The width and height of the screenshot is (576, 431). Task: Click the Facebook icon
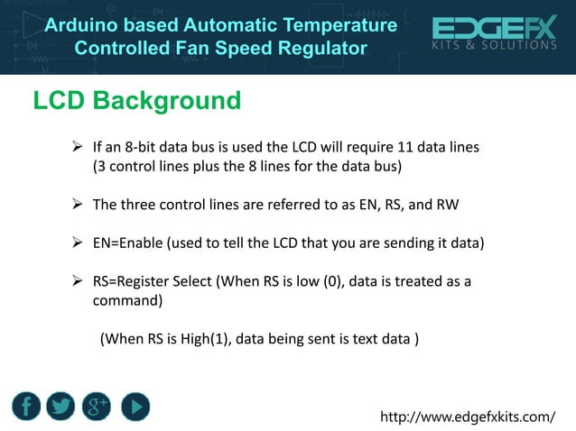[x=27, y=407]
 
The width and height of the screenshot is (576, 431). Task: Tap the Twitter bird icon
[x=61, y=407]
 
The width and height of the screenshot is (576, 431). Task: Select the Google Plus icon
[x=98, y=407]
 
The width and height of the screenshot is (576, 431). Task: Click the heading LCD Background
[x=136, y=100]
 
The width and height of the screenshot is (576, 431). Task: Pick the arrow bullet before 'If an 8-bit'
[x=78, y=146]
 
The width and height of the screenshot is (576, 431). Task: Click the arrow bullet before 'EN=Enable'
[x=78, y=243]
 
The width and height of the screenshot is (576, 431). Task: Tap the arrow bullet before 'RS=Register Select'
[x=78, y=282]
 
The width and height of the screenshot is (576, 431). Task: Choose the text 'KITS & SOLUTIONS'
[x=495, y=45]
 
